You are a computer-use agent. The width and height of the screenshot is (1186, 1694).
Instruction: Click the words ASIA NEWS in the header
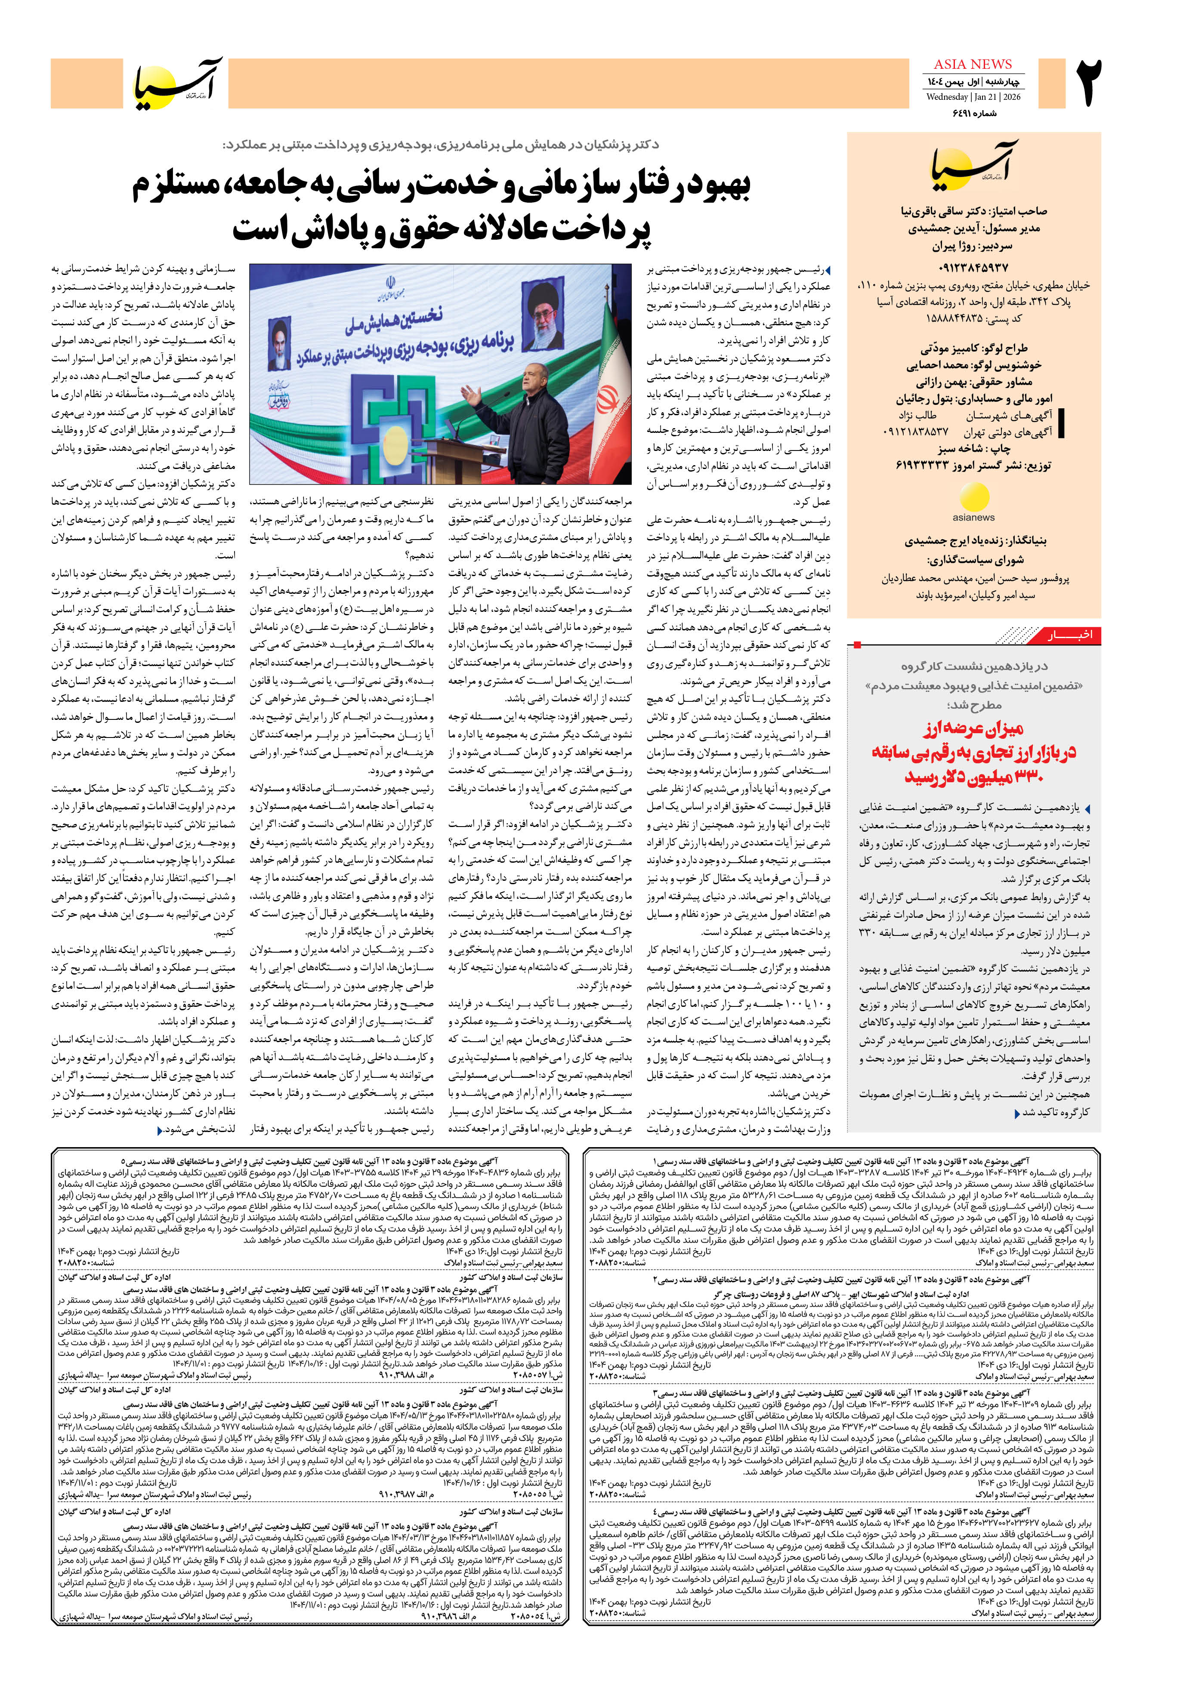973,64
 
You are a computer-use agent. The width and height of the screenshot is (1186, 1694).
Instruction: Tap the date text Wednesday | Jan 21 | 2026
973,97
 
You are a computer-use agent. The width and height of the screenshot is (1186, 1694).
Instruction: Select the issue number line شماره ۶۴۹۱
974,113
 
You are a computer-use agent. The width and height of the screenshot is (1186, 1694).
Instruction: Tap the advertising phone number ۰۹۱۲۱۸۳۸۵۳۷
915,432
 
